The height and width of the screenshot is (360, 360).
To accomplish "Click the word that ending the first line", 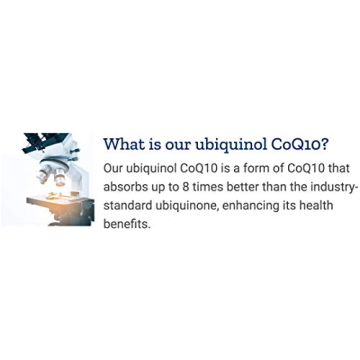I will point(331,169).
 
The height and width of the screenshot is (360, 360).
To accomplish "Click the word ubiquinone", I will point(203,207).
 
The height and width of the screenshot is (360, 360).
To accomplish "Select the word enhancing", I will point(277,207).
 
